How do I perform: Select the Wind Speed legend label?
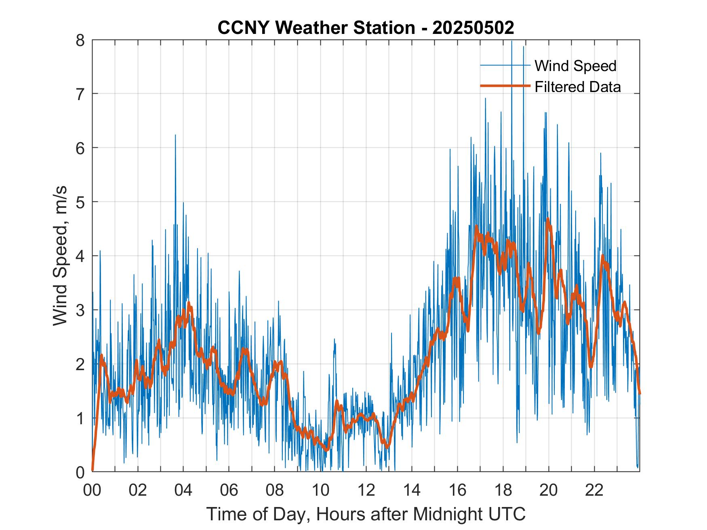575,66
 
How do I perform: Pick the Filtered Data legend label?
577,87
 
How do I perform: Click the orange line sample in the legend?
505,86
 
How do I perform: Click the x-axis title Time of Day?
366,514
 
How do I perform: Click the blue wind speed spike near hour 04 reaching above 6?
175,137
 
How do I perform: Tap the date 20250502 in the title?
473,28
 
